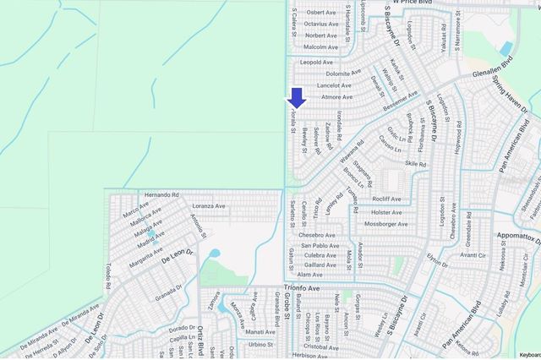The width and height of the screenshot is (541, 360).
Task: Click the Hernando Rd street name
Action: coord(161,194)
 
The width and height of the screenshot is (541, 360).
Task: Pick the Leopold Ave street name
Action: coord(317,62)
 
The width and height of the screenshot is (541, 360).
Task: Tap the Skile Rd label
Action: coord(415,163)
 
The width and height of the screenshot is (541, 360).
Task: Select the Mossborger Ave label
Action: coord(385,224)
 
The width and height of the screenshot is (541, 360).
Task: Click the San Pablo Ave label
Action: coord(320,245)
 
